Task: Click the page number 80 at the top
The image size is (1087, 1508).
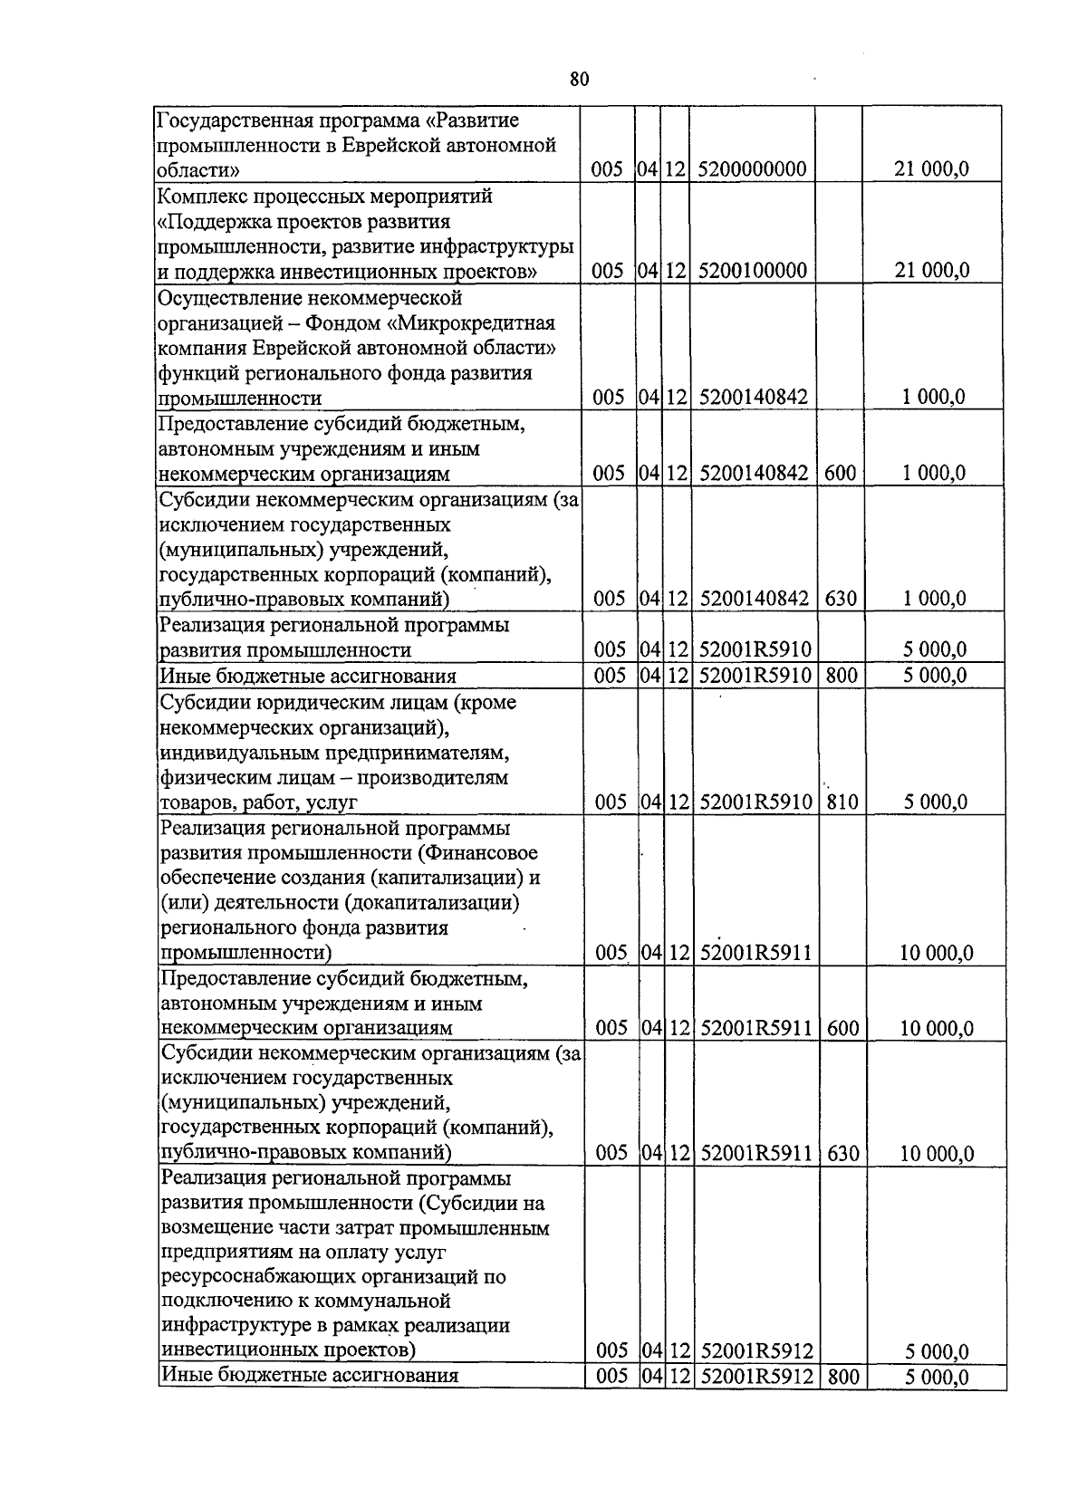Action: tap(580, 80)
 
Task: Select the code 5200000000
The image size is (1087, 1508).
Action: tap(753, 169)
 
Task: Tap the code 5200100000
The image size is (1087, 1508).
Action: tap(753, 271)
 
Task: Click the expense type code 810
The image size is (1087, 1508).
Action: tap(842, 802)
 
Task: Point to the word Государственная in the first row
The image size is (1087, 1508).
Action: tap(235, 120)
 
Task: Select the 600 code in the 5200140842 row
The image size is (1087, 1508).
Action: tap(839, 473)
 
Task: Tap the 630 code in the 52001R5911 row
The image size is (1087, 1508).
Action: tap(842, 1153)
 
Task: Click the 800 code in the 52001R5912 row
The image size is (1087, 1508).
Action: tap(842, 1378)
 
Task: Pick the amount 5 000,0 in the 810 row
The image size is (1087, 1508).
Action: tap(936, 802)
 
